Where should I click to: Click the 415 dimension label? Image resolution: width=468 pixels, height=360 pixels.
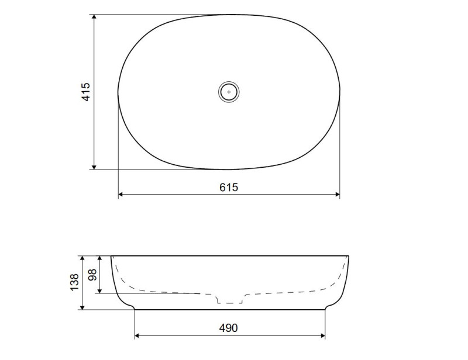pyautogui.click(x=85, y=92)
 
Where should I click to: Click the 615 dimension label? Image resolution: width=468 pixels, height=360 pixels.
pyautogui.click(x=229, y=188)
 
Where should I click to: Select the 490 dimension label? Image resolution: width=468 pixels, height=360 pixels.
pyautogui.click(x=229, y=328)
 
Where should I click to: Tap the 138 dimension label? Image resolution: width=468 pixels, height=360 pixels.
pyautogui.click(x=74, y=282)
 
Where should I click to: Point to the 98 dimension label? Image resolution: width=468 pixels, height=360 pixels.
pyautogui.click(x=92, y=275)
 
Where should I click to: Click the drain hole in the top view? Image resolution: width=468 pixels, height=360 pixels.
pyautogui.click(x=229, y=92)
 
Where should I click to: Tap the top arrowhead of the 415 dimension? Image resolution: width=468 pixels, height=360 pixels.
pyautogui.click(x=94, y=17)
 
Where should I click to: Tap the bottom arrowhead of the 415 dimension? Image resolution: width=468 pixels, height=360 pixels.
pyautogui.click(x=94, y=167)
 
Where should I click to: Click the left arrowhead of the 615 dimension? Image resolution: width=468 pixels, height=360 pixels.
pyautogui.click(x=121, y=195)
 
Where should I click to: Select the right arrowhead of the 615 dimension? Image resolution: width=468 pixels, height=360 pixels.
pyautogui.click(x=338, y=195)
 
